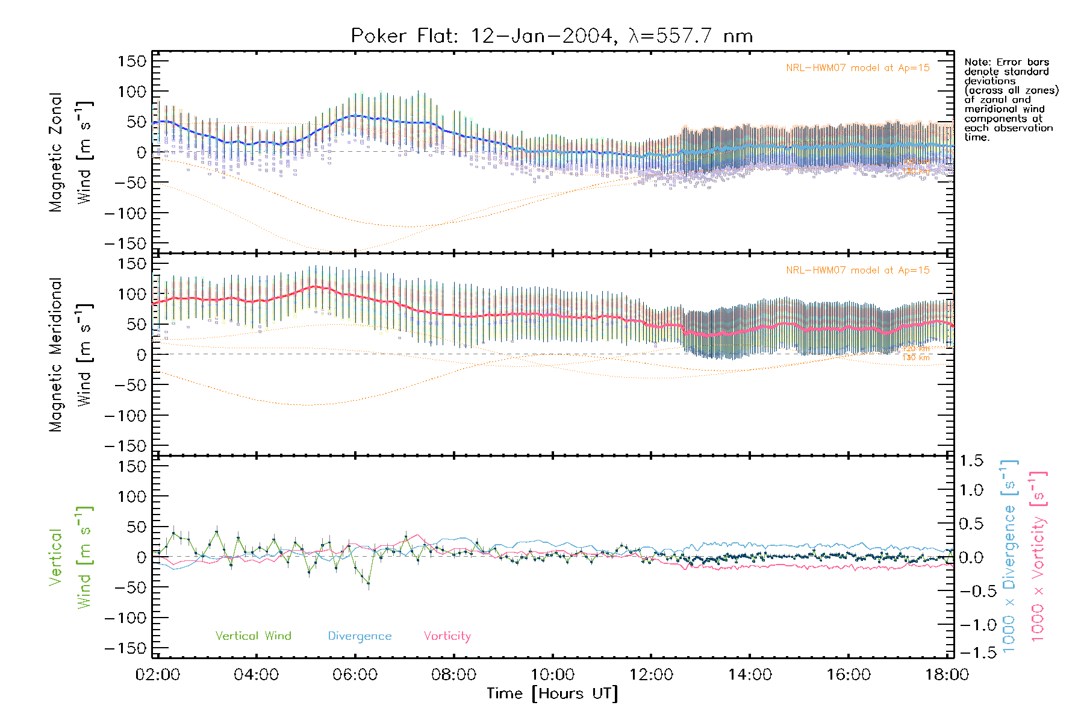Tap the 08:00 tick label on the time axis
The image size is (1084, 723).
click(453, 675)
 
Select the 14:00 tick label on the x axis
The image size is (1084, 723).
click(750, 675)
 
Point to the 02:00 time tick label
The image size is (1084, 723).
click(158, 675)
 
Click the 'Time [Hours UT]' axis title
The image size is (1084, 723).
click(552, 693)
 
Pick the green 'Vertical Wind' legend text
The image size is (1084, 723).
click(253, 636)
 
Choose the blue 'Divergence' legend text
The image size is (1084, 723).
click(360, 636)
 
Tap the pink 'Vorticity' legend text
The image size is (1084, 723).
click(447, 636)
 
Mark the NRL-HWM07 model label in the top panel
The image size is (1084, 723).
click(858, 68)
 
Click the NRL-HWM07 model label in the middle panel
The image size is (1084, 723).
click(858, 271)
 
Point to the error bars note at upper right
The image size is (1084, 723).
click(1011, 100)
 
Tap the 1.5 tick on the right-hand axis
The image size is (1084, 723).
click(971, 461)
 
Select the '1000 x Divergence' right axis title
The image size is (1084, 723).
click(1009, 557)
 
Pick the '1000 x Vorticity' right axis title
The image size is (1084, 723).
click(1038, 557)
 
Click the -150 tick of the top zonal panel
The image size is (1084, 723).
click(125, 244)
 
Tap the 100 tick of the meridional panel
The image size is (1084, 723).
click(132, 294)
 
